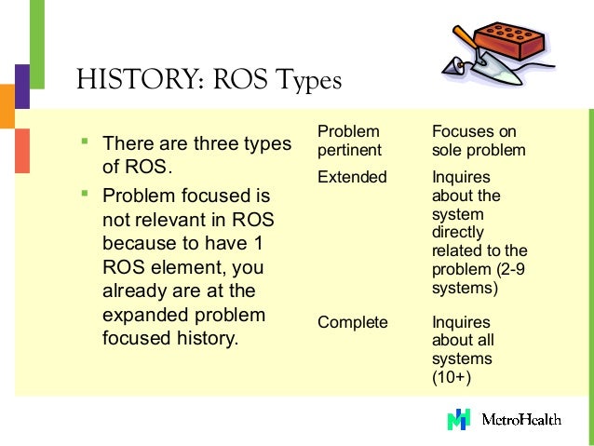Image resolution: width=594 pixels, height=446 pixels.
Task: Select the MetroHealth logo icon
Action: [459, 419]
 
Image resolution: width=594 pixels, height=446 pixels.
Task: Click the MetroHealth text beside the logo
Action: [521, 420]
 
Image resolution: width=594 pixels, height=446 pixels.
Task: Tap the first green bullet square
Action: [84, 142]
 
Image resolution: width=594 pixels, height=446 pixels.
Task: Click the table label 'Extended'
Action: [352, 177]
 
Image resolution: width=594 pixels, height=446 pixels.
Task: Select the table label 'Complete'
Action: [352, 322]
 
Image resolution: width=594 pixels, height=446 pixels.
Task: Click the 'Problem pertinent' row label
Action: [348, 141]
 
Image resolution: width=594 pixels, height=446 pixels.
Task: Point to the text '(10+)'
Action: [452, 377]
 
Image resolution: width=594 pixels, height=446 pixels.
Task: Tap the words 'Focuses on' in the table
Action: [474, 132]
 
